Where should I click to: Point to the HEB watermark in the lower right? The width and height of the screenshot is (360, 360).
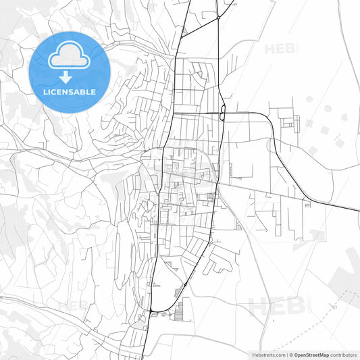coord(274,307)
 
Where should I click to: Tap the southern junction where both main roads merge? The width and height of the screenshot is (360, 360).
coord(154,310)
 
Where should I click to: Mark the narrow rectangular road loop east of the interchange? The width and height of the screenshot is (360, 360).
coord(295,123)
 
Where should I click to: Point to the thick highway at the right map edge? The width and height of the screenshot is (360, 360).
coord(356,209)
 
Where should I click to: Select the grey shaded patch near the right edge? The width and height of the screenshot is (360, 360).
coord(351,260)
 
